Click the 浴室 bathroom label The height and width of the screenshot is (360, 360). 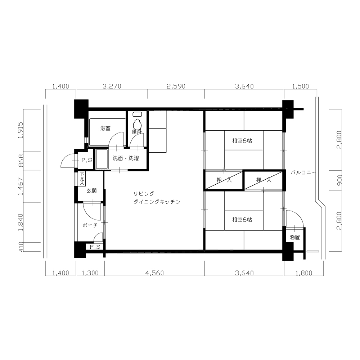tap(105, 128)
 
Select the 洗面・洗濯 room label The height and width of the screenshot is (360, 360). tap(126, 158)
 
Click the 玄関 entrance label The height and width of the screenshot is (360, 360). tap(91, 190)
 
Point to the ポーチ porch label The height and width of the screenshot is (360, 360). tap(90, 225)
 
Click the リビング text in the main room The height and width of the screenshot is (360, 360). tap(144, 194)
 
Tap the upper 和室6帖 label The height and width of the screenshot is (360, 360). tap(242, 141)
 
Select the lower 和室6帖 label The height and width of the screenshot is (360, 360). tap(242, 220)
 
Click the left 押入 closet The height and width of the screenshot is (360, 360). tap(224, 180)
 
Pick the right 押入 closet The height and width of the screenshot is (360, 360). tap(264, 180)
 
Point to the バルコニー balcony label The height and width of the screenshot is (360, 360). tap(303, 173)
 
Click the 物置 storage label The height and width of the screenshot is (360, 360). tap(295, 237)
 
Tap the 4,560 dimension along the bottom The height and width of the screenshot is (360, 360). tap(155, 273)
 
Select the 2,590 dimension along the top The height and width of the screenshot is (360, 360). tap(176, 86)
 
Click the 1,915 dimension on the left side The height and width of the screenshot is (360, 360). tap(21, 130)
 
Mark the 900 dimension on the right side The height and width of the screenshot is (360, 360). tap(339, 180)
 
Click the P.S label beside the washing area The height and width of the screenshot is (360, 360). tap(87, 160)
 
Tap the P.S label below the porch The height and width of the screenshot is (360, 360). tap(95, 247)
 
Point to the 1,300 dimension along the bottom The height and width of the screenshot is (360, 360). tap(90, 273)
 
